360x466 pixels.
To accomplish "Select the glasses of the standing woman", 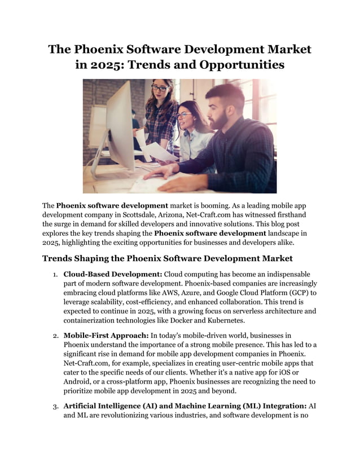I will pyautogui.click(x=159, y=88).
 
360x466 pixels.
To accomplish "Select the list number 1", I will pyautogui.click(x=55, y=275).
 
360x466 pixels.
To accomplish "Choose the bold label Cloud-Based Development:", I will pyautogui.click(x=112, y=274).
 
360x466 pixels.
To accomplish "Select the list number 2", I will pyautogui.click(x=55, y=336).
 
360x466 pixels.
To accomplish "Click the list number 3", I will pyautogui.click(x=55, y=406).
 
